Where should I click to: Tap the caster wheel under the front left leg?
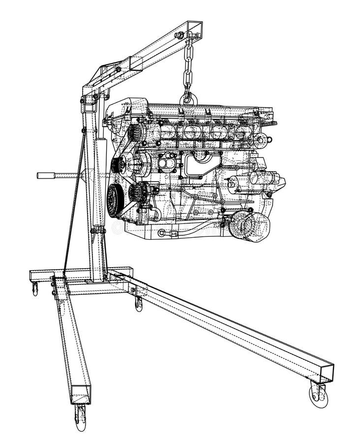tap(80, 417)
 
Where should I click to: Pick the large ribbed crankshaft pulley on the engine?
tap(115, 200)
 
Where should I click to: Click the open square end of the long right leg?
tap(326, 373)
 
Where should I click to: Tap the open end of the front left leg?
tap(80, 394)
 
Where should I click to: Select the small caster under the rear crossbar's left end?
tap(35, 289)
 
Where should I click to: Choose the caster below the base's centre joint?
tap(139, 303)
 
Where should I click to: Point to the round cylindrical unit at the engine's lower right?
tap(249, 226)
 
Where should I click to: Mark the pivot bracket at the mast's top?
tap(90, 101)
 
